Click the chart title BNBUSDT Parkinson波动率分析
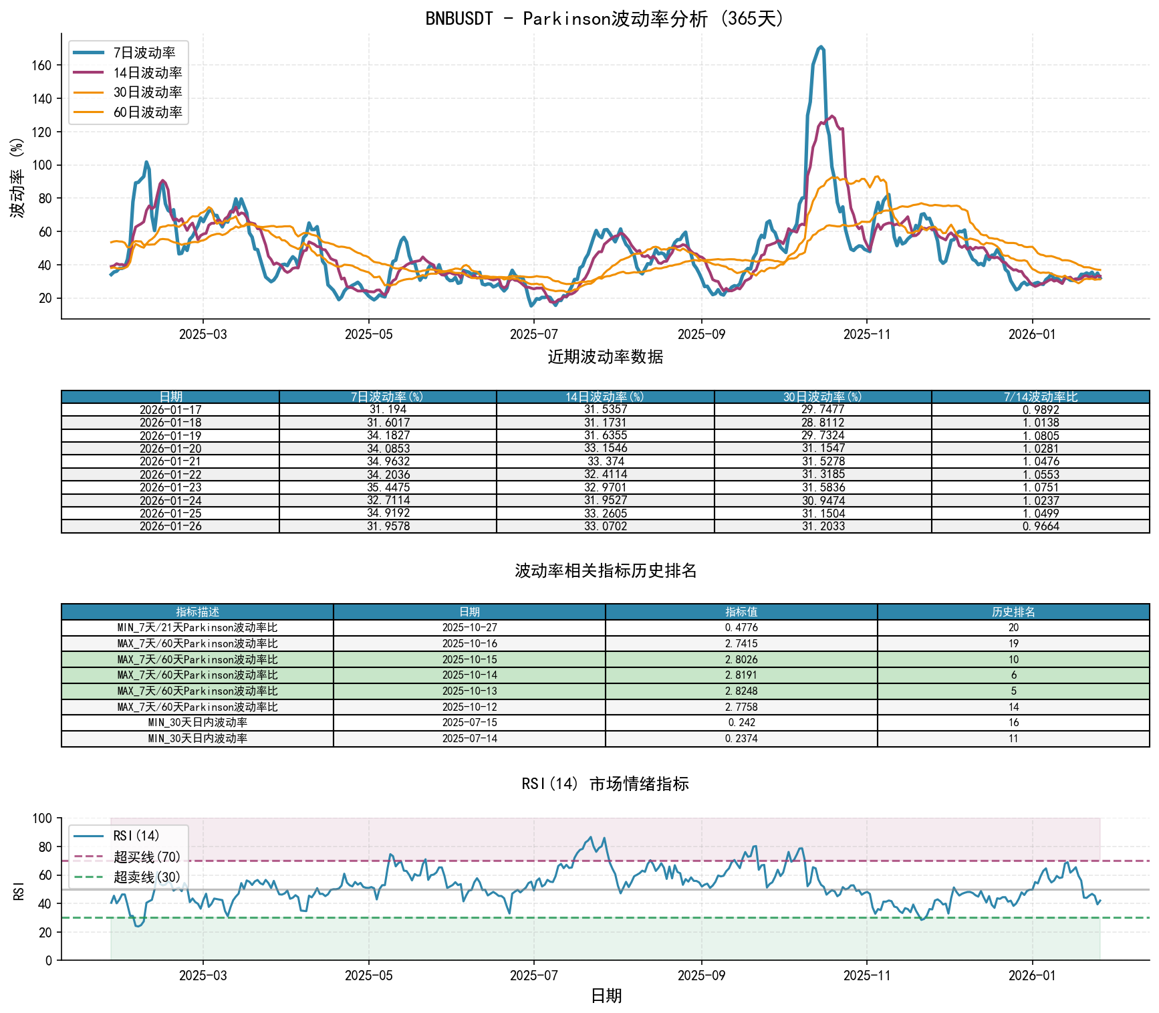(605, 18)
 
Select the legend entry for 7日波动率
(144, 53)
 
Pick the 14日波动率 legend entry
(147, 73)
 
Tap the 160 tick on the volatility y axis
(41, 66)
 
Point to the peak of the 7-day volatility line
(821, 47)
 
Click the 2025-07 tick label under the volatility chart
(533, 334)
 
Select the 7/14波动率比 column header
(1040, 397)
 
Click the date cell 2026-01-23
(170, 487)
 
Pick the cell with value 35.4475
(388, 487)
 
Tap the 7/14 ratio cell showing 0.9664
(1040, 526)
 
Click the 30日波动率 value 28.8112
(823, 423)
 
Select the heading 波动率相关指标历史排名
(606, 570)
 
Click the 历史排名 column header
(1013, 612)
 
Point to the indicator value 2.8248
(741, 691)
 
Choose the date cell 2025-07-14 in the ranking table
(469, 738)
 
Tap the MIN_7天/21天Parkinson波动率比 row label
(197, 628)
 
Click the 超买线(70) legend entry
(146, 857)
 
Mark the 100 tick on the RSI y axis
(42, 818)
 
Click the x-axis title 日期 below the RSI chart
(606, 996)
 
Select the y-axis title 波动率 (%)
(18, 178)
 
